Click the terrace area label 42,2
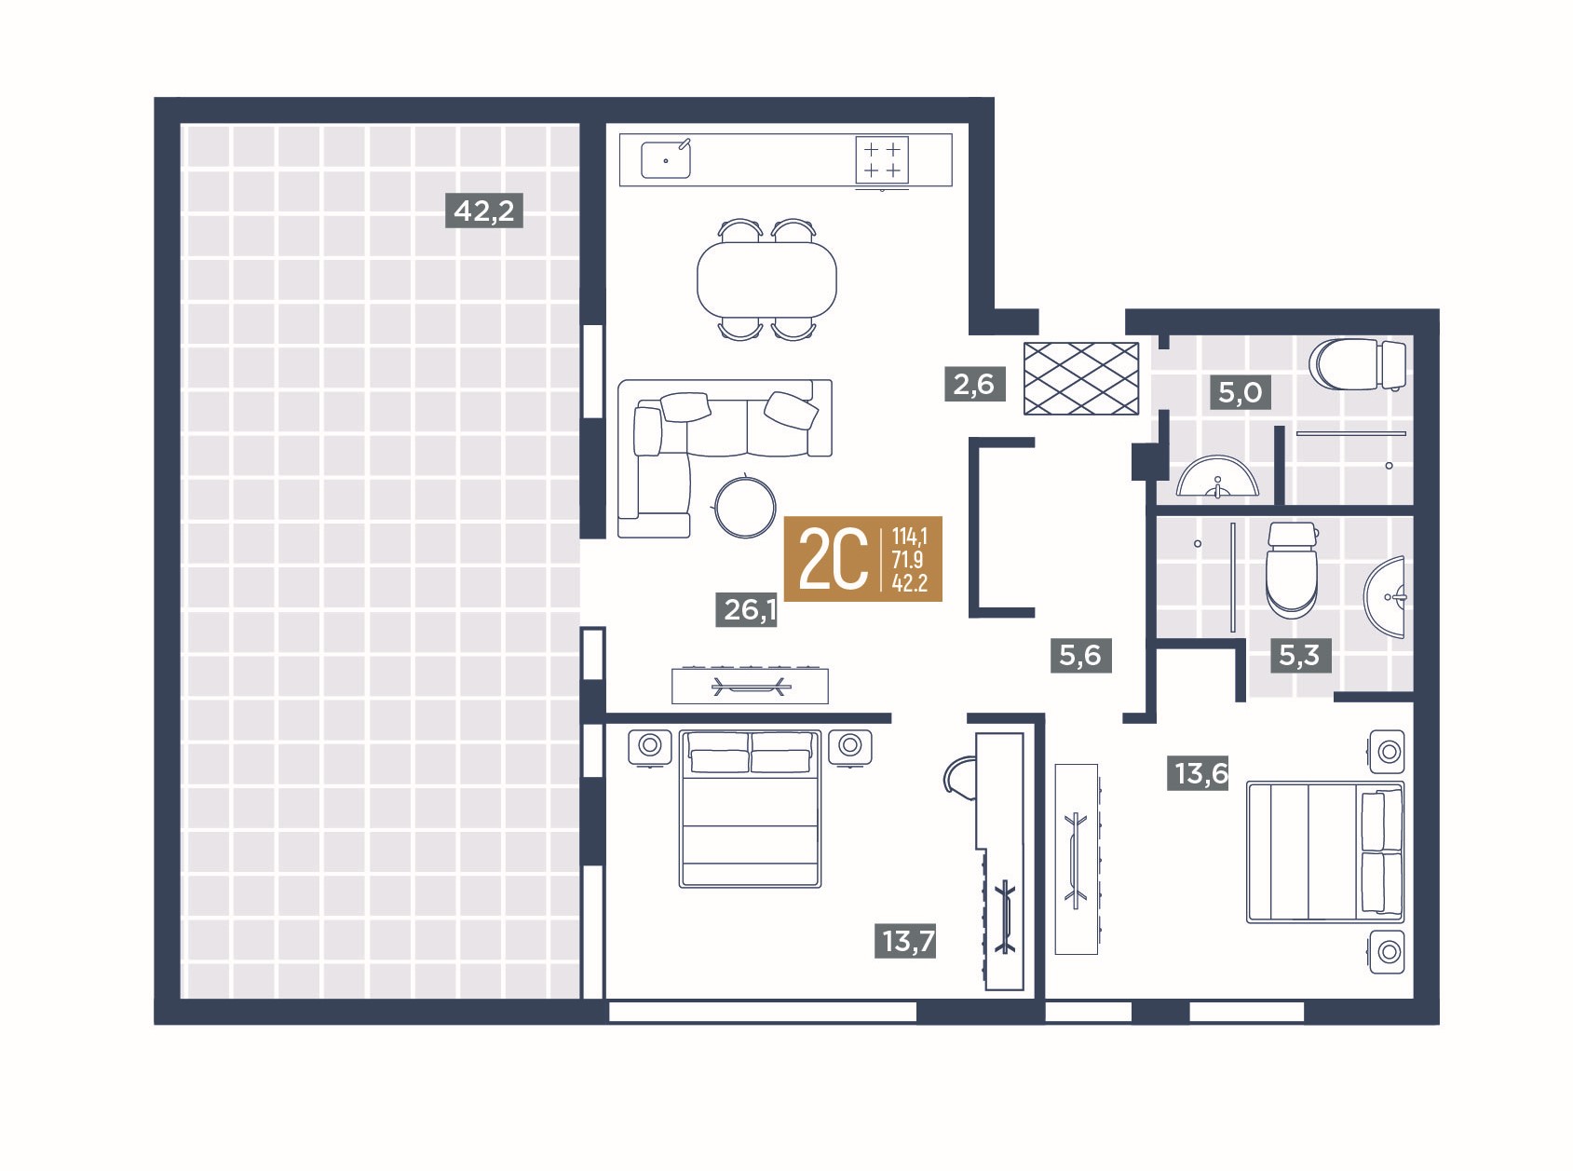(x=483, y=211)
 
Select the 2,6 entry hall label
(x=974, y=384)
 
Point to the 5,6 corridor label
(x=1080, y=655)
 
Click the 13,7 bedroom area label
(x=905, y=941)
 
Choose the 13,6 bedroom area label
(x=1198, y=773)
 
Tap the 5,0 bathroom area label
(x=1240, y=392)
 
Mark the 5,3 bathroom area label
(x=1300, y=655)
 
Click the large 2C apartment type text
(x=834, y=559)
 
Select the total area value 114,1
(x=909, y=536)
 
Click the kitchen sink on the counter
(x=666, y=159)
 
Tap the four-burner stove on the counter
(x=882, y=160)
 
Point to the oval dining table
(x=766, y=279)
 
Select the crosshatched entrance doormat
(x=1081, y=378)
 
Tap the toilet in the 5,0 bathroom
(x=1358, y=365)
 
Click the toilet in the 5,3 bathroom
(x=1292, y=570)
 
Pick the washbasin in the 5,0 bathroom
(x=1217, y=476)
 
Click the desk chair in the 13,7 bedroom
(x=960, y=778)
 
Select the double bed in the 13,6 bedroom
(x=1325, y=852)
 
